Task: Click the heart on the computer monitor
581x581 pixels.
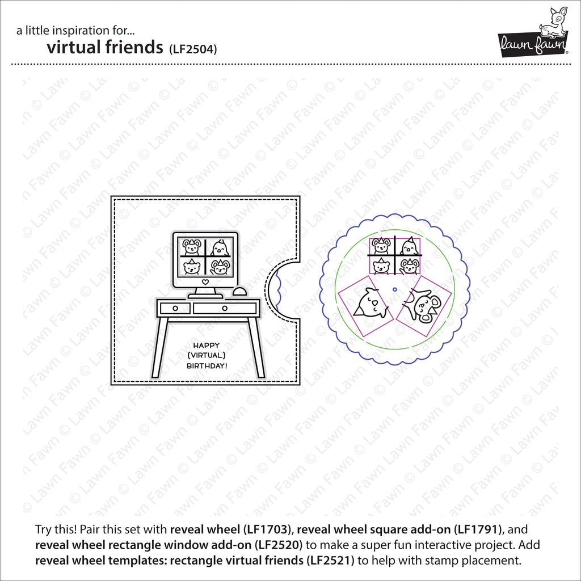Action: pos(205,281)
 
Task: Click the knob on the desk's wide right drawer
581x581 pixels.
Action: pos(225,308)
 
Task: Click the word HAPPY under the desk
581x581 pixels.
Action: pos(207,345)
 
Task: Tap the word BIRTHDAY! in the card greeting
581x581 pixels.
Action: pos(207,366)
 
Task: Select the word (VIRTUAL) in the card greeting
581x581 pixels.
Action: pos(207,355)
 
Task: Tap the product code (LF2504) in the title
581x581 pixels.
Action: pos(193,49)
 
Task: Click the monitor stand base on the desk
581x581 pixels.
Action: pos(205,296)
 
